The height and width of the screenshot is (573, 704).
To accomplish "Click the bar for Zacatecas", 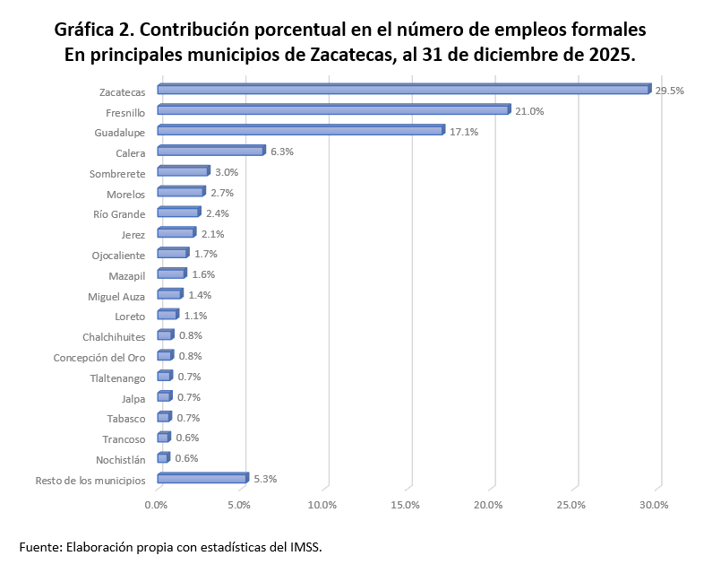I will (x=403, y=90).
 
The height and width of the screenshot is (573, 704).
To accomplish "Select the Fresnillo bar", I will (x=333, y=110).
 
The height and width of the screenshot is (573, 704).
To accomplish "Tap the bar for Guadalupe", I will (x=300, y=131).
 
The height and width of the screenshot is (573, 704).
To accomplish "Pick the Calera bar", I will (x=210, y=152).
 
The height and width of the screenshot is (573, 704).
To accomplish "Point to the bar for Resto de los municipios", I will (x=202, y=479).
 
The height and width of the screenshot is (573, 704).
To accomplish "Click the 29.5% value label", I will (x=670, y=91).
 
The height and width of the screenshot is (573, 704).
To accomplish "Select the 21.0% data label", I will (x=529, y=111).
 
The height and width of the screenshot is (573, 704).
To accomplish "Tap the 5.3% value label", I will (x=265, y=479).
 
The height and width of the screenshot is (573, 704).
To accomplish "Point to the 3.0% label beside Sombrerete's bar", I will (x=226, y=172).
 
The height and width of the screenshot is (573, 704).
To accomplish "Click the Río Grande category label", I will (x=119, y=214).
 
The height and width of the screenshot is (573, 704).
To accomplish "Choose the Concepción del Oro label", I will (x=99, y=358).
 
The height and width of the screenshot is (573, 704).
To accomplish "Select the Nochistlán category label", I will (x=121, y=460).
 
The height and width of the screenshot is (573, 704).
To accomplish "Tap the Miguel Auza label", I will (x=116, y=296).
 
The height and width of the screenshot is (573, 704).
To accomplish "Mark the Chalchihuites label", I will (x=114, y=337).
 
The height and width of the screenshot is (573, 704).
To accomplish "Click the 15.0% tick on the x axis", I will (x=406, y=505).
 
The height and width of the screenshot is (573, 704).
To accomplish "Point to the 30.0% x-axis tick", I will (x=655, y=505).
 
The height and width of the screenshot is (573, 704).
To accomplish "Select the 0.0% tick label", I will (x=157, y=505).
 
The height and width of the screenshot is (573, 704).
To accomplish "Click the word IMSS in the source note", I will (x=305, y=546).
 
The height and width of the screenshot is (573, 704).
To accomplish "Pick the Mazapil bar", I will (x=171, y=274).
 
